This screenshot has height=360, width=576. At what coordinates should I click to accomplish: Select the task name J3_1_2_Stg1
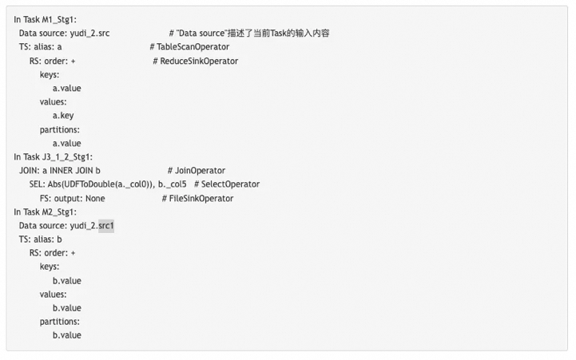(67, 156)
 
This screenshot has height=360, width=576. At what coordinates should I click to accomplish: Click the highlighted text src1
(106, 226)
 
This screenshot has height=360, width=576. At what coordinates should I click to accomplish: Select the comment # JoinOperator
(197, 171)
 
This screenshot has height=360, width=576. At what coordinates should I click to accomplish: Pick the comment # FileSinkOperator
(198, 198)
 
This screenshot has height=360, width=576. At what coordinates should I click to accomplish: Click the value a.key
(63, 116)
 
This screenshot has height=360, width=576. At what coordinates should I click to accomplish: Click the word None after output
(95, 198)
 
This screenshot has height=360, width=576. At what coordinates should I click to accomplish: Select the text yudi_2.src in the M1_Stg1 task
(88, 33)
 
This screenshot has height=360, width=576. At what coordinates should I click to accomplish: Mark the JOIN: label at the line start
(30, 171)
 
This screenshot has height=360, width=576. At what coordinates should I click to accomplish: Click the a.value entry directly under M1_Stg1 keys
(67, 88)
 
